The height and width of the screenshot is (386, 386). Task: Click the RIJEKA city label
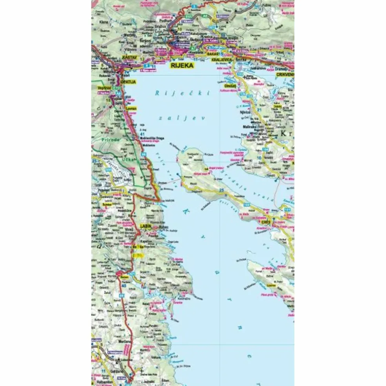pos(182,66)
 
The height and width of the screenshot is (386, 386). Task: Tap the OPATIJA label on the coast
pos(128,82)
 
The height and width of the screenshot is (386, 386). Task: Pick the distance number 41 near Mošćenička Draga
pos(142,135)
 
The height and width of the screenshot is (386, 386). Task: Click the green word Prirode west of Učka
pos(111,139)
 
